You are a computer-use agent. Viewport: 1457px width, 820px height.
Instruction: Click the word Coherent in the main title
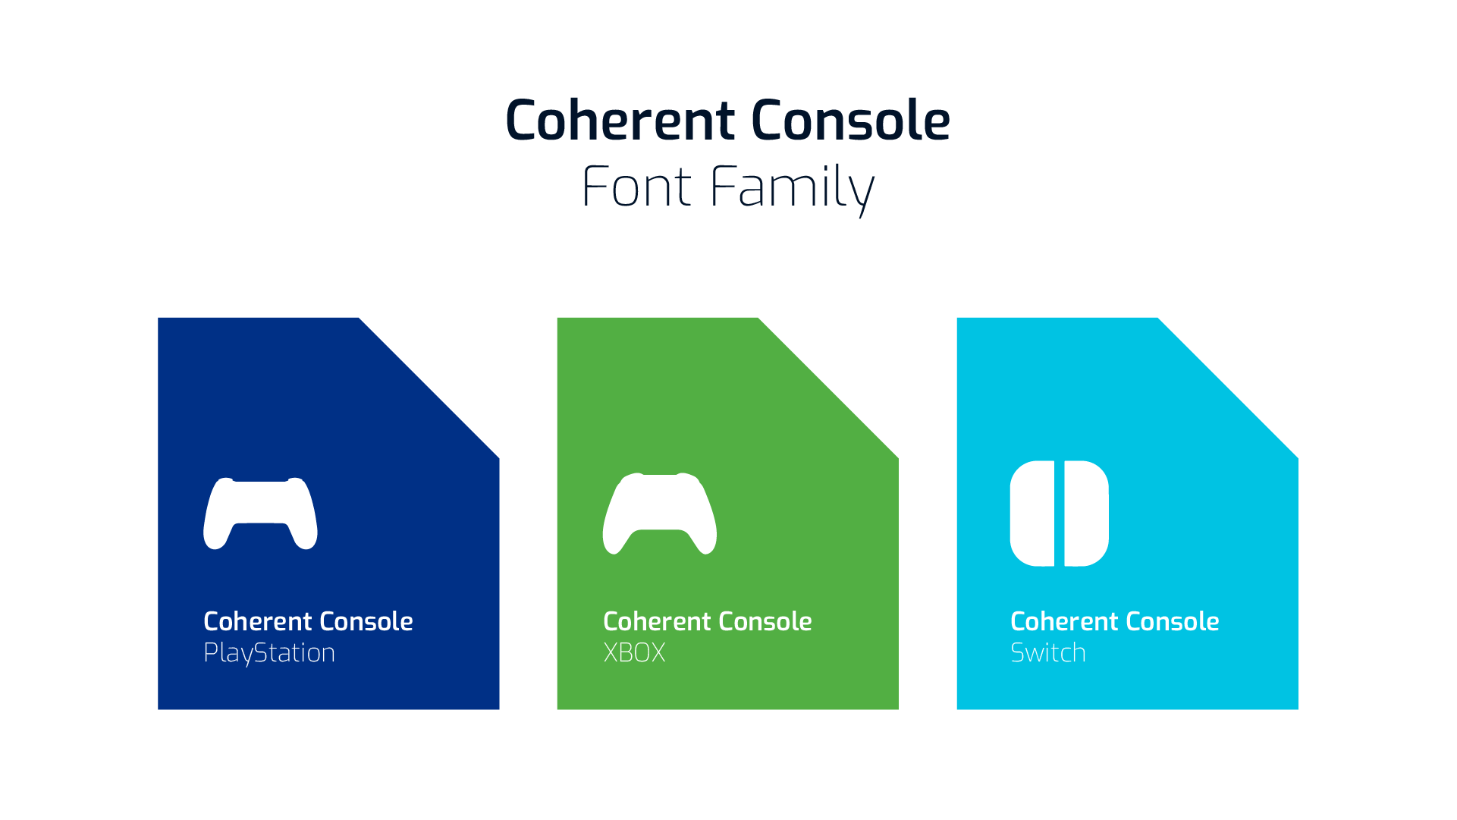tap(620, 120)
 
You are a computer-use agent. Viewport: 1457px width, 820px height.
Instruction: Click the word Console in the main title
tap(850, 120)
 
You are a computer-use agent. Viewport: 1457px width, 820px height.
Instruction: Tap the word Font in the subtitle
tap(636, 187)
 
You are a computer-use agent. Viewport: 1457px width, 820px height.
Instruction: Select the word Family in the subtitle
tap(792, 190)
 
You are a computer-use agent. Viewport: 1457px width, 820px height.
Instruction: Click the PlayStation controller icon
tap(260, 513)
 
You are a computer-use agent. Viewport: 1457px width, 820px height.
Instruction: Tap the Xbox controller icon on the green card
tap(660, 513)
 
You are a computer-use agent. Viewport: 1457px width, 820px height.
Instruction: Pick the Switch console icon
tap(1060, 514)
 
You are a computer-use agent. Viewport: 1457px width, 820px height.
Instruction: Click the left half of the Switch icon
tap(1032, 514)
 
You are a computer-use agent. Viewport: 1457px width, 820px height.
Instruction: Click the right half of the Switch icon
tap(1087, 514)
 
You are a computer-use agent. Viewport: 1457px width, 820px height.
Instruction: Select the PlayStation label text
tap(269, 653)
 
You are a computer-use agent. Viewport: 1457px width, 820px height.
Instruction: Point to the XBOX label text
tap(634, 652)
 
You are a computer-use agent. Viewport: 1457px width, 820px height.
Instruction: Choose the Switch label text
tap(1048, 652)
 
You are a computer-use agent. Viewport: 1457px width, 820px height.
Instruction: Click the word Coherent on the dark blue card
tap(257, 621)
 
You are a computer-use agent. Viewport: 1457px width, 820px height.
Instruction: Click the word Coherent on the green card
tap(657, 621)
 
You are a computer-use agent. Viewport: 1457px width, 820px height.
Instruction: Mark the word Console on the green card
tap(765, 621)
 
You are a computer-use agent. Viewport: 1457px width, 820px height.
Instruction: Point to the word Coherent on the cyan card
tap(1064, 621)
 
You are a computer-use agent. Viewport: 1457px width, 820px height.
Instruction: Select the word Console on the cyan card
tap(1173, 621)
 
